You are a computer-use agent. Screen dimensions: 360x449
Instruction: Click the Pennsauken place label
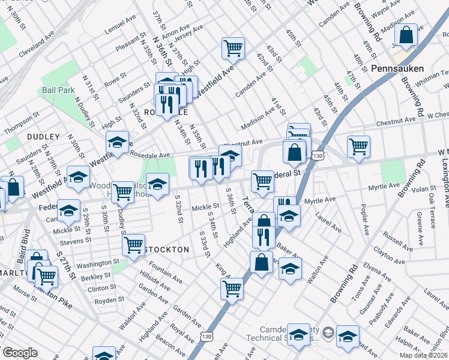coord(397,68)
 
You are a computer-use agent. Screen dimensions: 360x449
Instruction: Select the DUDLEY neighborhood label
coord(43,137)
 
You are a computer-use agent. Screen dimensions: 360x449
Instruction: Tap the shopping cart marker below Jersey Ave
coord(233,48)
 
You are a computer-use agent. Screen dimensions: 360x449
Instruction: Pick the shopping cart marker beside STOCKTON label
coord(133,244)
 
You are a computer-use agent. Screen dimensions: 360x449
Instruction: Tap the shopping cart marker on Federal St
coord(262,181)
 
